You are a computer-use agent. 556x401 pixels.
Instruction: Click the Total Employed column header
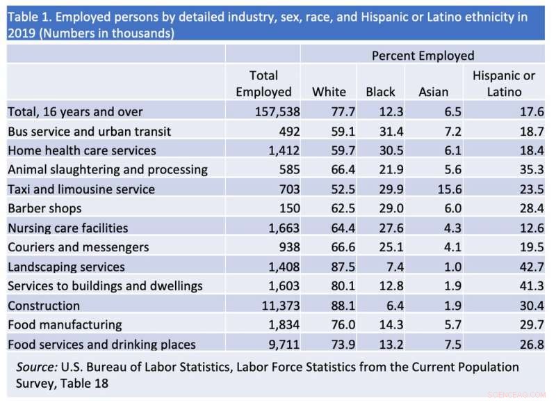pyautogui.click(x=263, y=84)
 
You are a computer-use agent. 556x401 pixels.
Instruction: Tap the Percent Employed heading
pyautogui.click(x=423, y=56)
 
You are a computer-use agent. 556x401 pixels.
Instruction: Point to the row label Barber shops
pyautogui.click(x=44, y=208)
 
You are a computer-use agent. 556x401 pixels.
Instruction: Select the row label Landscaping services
pyautogui.click(x=66, y=267)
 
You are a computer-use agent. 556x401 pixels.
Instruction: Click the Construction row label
pyautogui.click(x=44, y=306)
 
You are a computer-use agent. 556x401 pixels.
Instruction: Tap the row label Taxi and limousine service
pyautogui.click(x=81, y=189)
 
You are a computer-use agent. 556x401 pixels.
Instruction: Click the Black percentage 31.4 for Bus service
pyautogui.click(x=384, y=131)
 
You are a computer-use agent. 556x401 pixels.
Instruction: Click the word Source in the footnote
pyautogui.click(x=37, y=366)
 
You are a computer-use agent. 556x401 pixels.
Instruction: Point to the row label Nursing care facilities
pyautogui.click(x=67, y=228)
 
